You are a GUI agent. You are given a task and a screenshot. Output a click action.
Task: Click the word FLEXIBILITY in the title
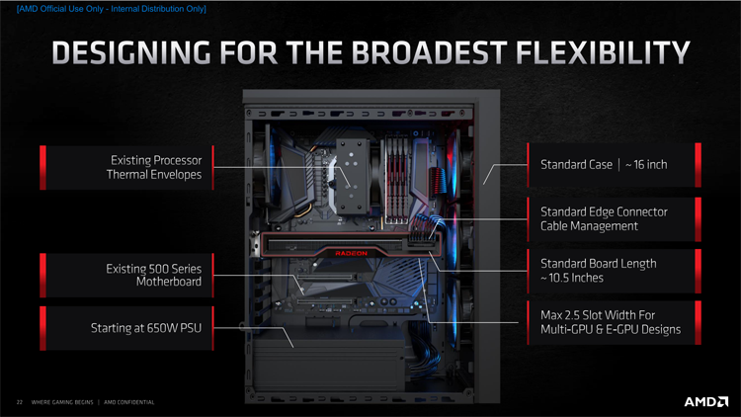tap(603, 52)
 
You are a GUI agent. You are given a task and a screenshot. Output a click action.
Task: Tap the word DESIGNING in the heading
tap(131, 52)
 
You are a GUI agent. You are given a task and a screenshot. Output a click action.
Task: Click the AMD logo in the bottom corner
tap(706, 402)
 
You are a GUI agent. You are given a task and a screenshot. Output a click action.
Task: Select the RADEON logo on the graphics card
tap(351, 253)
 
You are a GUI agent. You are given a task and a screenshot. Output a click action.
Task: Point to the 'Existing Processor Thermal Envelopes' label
tap(154, 167)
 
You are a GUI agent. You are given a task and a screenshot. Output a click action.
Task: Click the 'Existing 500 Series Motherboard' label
tap(153, 275)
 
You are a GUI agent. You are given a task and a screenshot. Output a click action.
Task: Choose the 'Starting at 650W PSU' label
tap(146, 328)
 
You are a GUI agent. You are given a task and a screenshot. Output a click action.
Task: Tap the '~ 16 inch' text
tap(646, 165)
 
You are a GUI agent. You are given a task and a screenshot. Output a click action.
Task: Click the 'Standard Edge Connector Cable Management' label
tap(604, 219)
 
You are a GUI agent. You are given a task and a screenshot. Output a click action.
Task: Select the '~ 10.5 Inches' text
tap(572, 278)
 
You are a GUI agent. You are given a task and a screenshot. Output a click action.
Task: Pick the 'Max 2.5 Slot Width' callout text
tap(598, 315)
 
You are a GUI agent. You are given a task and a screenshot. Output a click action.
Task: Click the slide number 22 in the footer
tap(20, 402)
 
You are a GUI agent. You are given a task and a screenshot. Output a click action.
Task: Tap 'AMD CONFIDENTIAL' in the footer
tap(129, 402)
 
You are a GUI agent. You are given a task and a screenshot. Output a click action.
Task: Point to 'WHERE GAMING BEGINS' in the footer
tap(62, 402)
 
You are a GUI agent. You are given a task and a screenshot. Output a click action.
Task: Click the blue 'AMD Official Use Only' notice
tap(112, 9)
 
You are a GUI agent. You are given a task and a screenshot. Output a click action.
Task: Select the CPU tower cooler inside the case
tap(352, 176)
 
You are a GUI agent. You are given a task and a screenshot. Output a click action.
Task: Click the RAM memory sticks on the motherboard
tap(396, 180)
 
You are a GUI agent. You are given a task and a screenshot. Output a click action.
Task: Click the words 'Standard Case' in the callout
tap(577, 165)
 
